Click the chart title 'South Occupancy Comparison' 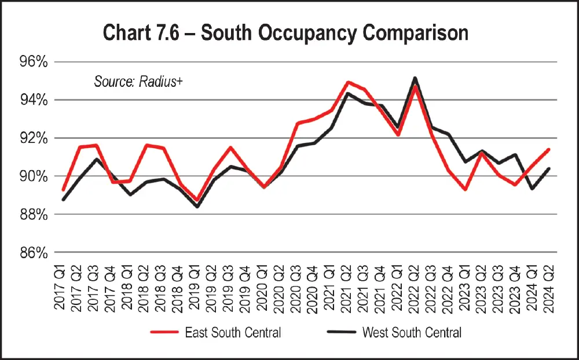pyautogui.click(x=285, y=33)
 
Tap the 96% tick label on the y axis pyautogui.click(x=32, y=62)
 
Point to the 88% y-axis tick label pyautogui.click(x=32, y=214)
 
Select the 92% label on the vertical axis pyautogui.click(x=32, y=138)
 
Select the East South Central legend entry pyautogui.click(x=215, y=332)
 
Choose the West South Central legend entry pyautogui.click(x=394, y=332)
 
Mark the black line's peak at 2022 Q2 pyautogui.click(x=415, y=78)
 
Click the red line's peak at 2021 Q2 pyautogui.click(x=347, y=82)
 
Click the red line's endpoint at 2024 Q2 pyautogui.click(x=549, y=149)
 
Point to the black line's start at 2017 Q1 pyautogui.click(x=63, y=200)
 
